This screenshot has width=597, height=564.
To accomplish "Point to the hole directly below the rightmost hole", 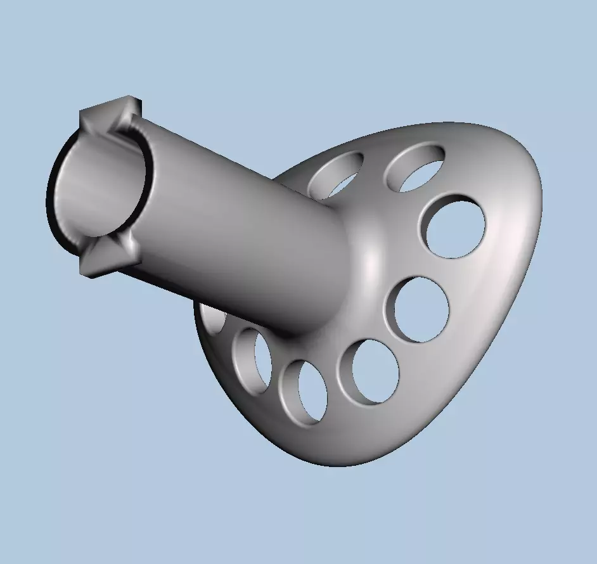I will point(421,309).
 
